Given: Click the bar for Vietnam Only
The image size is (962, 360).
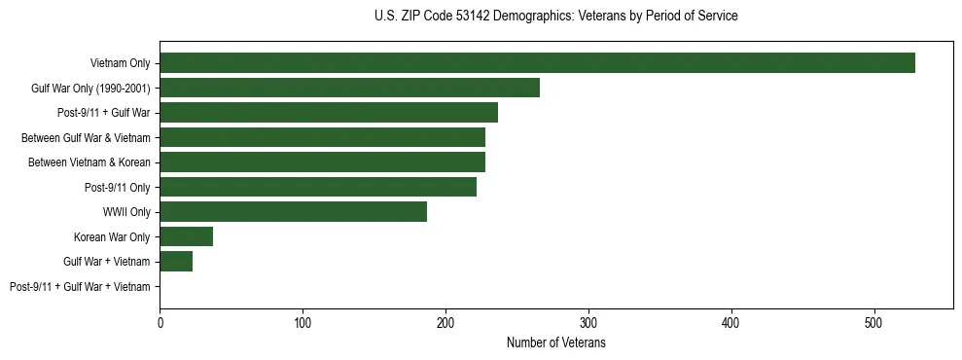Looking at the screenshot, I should (x=537, y=63).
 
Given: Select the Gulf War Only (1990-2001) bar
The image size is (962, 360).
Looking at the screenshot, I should (x=349, y=88).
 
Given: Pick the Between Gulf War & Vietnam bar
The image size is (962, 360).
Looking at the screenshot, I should (x=322, y=137).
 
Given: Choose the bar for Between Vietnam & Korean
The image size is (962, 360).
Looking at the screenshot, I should (x=322, y=162).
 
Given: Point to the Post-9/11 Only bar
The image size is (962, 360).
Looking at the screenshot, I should (x=318, y=187).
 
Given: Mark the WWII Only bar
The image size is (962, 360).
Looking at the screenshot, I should (x=293, y=212).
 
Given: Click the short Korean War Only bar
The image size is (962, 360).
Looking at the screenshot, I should (x=186, y=236).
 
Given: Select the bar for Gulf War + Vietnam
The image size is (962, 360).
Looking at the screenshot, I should (x=176, y=262).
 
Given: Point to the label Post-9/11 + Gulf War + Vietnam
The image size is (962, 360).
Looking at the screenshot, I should (x=80, y=287).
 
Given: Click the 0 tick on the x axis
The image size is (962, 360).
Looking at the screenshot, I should (x=160, y=322).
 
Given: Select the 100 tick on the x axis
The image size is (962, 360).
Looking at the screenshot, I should (x=303, y=322).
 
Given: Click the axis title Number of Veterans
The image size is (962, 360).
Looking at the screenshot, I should (x=556, y=343).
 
